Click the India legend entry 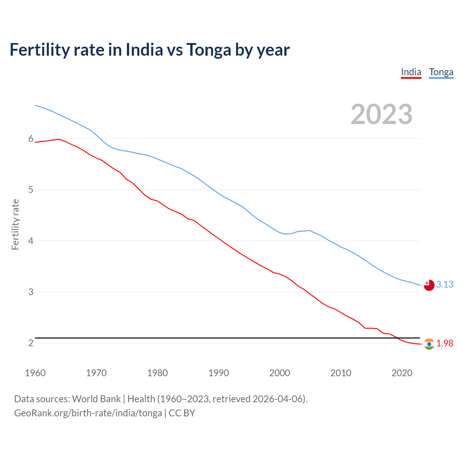[411, 72]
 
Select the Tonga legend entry [441, 72]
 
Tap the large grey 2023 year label [381, 114]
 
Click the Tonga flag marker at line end [429, 285]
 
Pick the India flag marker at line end [429, 344]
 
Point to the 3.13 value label [445, 285]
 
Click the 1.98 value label [445, 344]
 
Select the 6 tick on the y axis [31, 139]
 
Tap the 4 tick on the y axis [31, 241]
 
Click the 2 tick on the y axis [31, 343]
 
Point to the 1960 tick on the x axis [35, 373]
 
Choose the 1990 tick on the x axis [218, 373]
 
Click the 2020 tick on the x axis [402, 373]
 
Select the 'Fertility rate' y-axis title [15, 224]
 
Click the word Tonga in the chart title [209, 50]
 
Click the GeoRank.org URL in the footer [88, 413]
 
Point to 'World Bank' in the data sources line [96, 399]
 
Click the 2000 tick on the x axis [280, 373]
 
